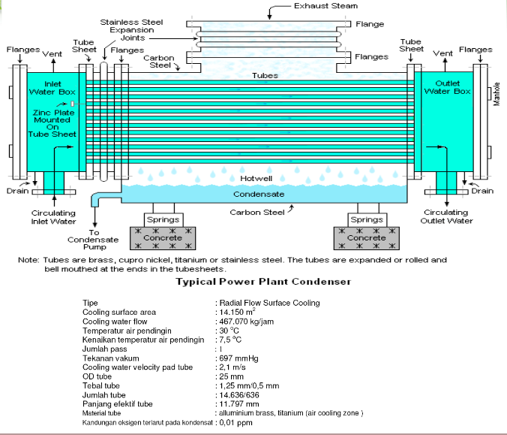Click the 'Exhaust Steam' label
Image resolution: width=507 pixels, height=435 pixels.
(x=325, y=6)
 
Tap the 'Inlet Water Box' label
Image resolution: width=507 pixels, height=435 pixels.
(x=52, y=88)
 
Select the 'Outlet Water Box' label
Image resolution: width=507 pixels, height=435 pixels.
(x=448, y=87)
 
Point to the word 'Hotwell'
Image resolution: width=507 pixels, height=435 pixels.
(x=256, y=179)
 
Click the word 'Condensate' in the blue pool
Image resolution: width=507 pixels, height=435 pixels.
(x=259, y=194)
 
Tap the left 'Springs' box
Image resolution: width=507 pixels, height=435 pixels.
(x=163, y=220)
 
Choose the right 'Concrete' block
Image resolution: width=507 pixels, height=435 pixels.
(x=366, y=238)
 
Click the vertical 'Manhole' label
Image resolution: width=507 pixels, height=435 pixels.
(x=497, y=94)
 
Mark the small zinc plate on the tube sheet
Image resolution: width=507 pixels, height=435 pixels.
(x=73, y=104)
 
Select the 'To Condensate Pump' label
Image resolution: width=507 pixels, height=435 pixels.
(x=93, y=240)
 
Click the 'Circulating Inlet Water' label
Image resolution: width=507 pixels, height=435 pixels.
(x=53, y=217)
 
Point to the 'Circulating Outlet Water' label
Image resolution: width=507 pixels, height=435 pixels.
(x=446, y=216)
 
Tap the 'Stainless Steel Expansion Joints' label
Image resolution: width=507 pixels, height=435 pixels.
(x=131, y=30)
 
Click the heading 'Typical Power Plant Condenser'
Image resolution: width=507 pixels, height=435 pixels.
(x=263, y=282)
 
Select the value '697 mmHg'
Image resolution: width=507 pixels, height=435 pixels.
(x=238, y=358)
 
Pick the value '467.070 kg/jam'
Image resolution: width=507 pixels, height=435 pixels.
(x=247, y=322)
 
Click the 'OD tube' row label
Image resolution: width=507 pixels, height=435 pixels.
(x=97, y=376)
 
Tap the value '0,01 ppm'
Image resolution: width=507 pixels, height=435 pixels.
(x=235, y=423)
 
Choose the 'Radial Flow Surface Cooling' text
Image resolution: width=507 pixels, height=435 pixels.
(x=270, y=303)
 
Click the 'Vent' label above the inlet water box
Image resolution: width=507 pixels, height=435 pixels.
(x=52, y=54)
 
